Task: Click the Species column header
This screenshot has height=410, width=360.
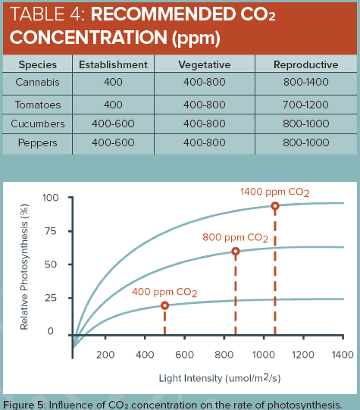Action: pyautogui.click(x=37, y=64)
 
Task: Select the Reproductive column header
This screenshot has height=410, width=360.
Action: pyautogui.click(x=299, y=64)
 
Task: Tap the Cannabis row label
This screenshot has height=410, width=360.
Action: pyautogui.click(x=37, y=82)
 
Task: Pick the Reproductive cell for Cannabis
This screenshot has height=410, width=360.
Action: pyautogui.click(x=299, y=82)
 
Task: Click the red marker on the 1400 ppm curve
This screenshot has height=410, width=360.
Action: pyautogui.click(x=274, y=206)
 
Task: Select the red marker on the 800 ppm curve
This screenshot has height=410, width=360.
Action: pyautogui.click(x=236, y=251)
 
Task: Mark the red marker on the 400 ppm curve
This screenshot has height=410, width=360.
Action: pyautogui.click(x=164, y=305)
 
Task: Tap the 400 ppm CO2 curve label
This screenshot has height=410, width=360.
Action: pyautogui.click(x=164, y=293)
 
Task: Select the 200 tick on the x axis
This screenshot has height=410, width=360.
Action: pyautogui.click(x=105, y=354)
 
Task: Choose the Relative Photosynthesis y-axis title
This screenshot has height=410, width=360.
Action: pyautogui.click(x=25, y=265)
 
